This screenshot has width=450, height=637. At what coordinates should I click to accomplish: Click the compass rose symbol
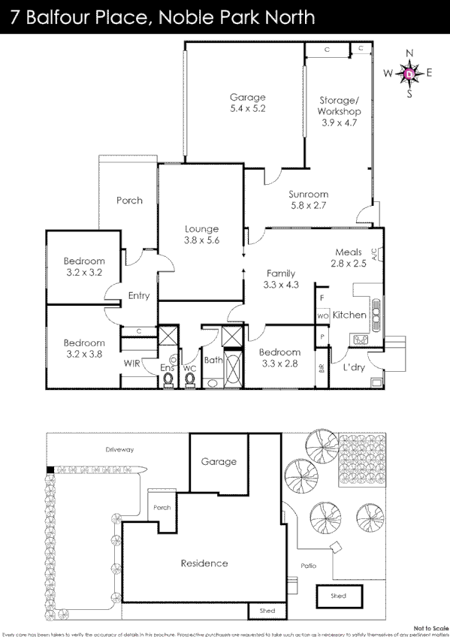tap(409, 74)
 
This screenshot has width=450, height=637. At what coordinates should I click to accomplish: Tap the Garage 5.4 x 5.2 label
tap(248, 103)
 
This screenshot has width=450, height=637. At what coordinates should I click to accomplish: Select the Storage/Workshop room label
tap(340, 111)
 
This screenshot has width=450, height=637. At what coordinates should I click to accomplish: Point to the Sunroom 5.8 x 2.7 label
tap(310, 199)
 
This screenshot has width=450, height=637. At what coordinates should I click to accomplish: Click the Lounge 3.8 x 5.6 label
tap(201, 234)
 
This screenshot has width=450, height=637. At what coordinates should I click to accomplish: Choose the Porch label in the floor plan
tap(129, 201)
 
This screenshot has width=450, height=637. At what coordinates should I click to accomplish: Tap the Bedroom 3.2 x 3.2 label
tap(83, 267)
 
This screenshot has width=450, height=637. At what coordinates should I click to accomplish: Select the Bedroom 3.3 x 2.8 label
tap(279, 358)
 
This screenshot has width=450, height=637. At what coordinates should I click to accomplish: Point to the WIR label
tap(132, 364)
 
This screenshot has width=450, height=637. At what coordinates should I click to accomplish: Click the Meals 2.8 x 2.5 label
tap(349, 258)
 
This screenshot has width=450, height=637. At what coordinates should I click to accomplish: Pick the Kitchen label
tap(349, 315)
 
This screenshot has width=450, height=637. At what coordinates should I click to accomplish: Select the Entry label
tap(139, 296)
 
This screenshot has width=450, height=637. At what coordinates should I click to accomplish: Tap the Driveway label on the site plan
tap(119, 450)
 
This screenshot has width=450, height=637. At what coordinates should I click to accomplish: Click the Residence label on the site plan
tap(204, 563)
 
